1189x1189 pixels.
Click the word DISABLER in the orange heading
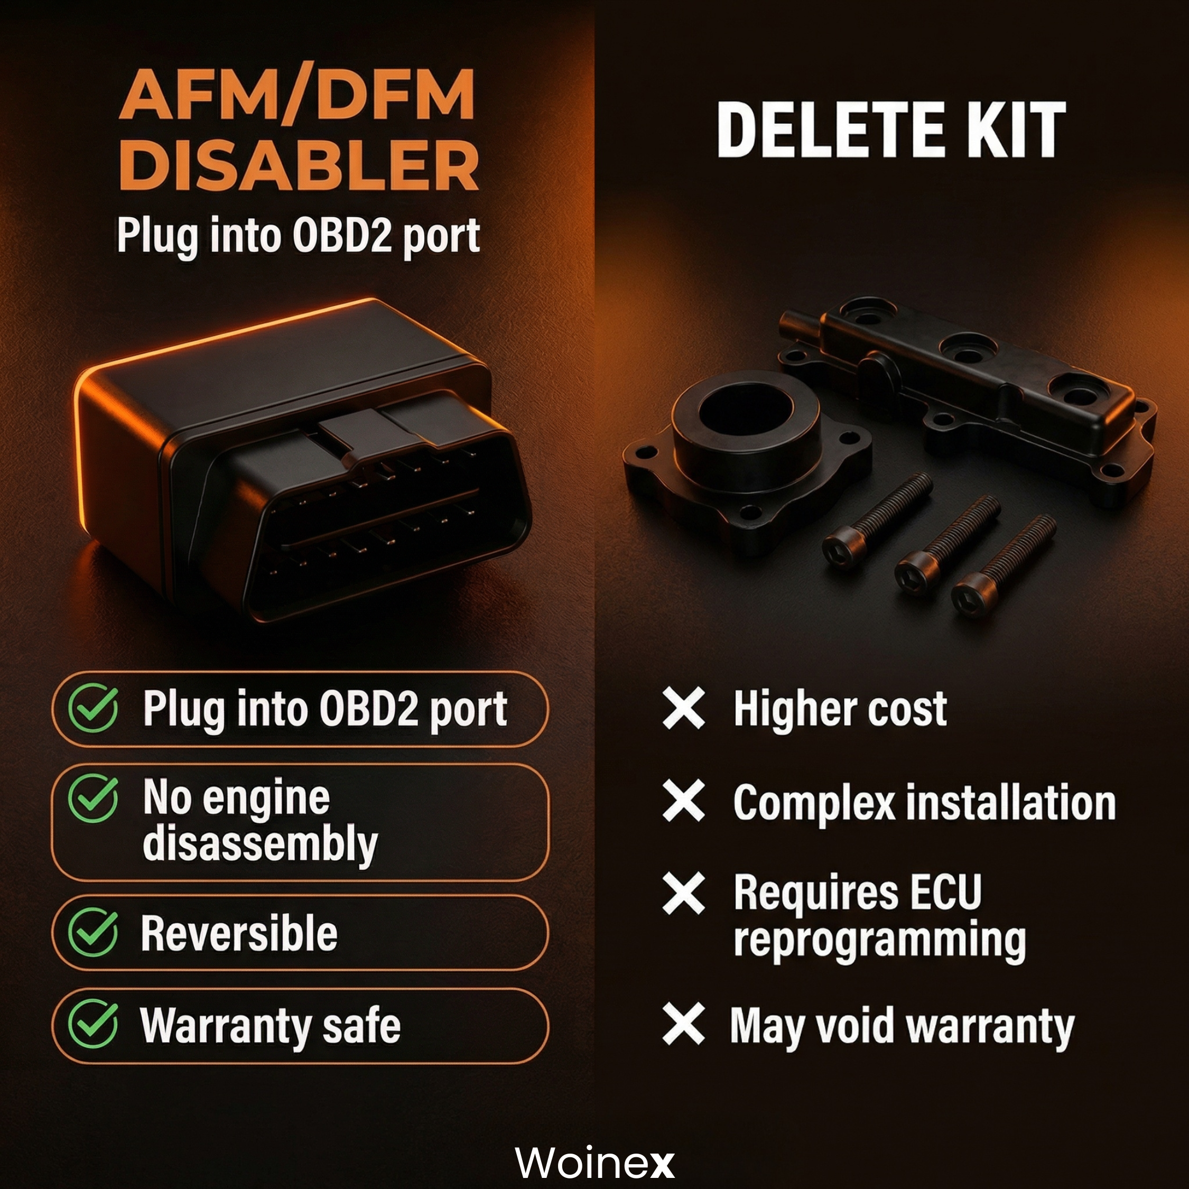299,164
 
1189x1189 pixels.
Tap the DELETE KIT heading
891,130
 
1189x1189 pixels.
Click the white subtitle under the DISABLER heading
299,236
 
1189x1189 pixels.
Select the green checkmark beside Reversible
93,932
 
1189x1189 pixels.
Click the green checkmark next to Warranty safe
93,1025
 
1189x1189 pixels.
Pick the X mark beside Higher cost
684,708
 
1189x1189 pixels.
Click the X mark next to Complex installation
684,801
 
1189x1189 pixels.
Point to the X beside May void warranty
684,1024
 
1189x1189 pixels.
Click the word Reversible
239,933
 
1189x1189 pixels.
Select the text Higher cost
840,709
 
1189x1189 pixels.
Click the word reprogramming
879,941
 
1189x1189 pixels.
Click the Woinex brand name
594,1163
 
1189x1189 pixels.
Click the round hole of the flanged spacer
745,408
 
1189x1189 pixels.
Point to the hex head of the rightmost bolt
973,594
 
